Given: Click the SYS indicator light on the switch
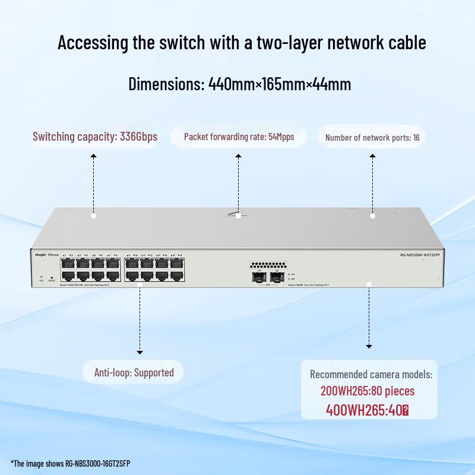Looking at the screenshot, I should tap(40, 277).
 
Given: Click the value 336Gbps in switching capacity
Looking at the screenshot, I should tap(138, 137).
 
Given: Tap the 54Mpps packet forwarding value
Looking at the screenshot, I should tap(281, 137).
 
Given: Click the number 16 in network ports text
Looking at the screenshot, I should tap(416, 138).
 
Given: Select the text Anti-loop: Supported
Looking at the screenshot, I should tap(134, 373).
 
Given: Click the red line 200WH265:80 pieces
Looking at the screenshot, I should tap(368, 391).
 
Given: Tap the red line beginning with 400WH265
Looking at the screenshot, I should tap(368, 410).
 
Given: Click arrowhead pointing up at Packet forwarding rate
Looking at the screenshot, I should tap(238, 157).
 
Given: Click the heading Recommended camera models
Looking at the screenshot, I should tap(371, 375).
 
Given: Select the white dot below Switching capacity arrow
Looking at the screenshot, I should tap(93, 216).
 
